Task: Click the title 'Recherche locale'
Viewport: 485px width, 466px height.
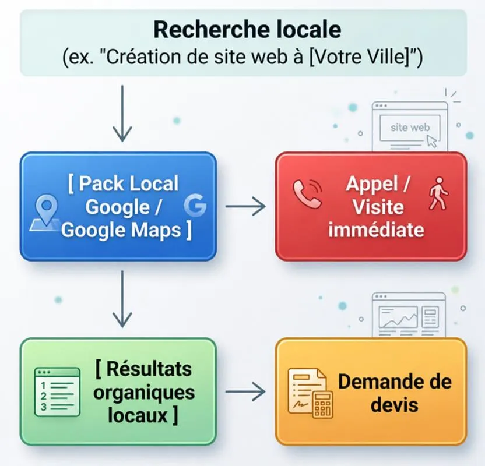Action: coord(247,30)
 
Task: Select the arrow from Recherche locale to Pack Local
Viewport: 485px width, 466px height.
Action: coord(122,114)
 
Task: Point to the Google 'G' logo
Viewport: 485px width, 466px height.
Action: coord(195,206)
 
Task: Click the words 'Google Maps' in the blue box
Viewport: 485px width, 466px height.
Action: coord(121,230)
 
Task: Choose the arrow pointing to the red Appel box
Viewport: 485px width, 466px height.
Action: coord(245,206)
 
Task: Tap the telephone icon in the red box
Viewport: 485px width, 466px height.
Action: coord(307,194)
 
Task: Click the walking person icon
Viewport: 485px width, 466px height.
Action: coord(438,194)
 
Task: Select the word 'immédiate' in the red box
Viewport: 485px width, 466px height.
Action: coord(376,230)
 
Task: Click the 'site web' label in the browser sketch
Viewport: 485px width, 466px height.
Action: coord(410,128)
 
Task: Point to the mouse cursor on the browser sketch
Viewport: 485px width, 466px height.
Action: coord(432,142)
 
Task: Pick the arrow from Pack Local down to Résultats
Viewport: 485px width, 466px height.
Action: coord(122,299)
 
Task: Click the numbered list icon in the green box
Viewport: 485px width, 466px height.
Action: coord(57,392)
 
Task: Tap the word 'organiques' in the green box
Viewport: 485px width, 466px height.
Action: coord(144,393)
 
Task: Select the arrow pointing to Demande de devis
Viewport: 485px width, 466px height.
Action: coord(245,391)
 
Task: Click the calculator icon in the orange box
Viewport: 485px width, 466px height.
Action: coord(322,404)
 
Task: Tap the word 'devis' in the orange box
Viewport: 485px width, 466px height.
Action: coord(395,405)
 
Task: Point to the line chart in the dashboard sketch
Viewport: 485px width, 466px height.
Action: coord(398,317)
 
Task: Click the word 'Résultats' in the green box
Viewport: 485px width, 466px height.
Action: coord(149,369)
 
